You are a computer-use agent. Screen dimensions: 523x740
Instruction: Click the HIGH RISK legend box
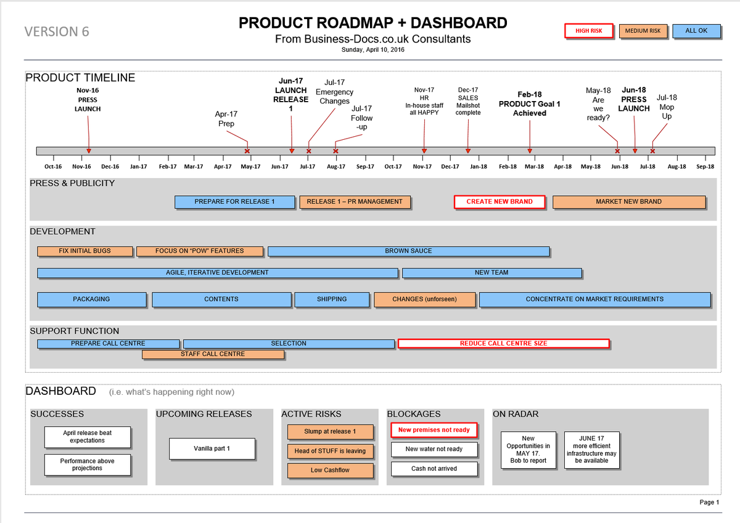(590, 31)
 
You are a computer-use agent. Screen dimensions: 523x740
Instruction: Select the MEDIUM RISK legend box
(643, 31)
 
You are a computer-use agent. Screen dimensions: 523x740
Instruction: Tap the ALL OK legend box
(696, 31)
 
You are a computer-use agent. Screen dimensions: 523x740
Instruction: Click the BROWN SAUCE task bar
(408, 251)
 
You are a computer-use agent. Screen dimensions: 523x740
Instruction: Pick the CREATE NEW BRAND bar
(499, 202)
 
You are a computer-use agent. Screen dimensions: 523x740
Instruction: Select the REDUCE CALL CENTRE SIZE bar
(503, 344)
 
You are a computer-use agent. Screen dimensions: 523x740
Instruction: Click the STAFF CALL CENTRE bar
(213, 354)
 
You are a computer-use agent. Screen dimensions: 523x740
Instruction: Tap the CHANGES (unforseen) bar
(424, 299)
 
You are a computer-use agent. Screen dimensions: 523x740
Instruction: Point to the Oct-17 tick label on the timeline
(393, 166)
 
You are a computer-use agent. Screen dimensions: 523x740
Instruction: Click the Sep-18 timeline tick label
(705, 166)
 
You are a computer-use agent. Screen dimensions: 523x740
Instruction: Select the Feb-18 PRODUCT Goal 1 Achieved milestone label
(529, 104)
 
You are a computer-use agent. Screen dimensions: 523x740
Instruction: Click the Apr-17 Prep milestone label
(226, 119)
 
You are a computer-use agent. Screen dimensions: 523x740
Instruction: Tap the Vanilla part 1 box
(212, 448)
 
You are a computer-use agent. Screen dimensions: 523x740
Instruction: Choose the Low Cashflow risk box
(330, 471)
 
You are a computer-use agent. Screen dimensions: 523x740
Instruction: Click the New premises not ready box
(434, 430)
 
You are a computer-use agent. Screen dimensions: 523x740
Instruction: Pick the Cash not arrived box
(434, 469)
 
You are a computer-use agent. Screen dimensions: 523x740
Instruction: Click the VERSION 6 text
(56, 31)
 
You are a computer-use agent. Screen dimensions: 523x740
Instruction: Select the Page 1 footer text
(709, 502)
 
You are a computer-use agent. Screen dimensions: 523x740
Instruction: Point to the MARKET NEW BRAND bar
(628, 202)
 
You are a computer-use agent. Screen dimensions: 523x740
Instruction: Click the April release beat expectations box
(87, 437)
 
